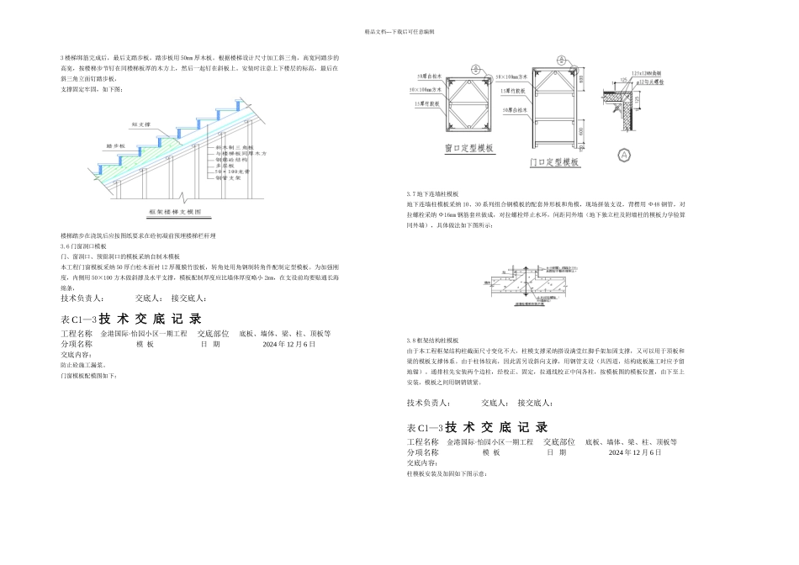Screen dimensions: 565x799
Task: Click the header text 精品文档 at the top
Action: click(399, 31)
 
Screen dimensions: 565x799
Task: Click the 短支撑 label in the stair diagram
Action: click(140, 124)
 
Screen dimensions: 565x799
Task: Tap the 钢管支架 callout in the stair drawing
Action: click(228, 178)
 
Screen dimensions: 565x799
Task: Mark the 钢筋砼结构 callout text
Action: click(232, 160)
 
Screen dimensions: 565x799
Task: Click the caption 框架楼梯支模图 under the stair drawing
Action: click(176, 213)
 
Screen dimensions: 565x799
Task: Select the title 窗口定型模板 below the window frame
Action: click(469, 149)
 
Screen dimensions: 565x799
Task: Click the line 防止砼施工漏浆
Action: click(82, 365)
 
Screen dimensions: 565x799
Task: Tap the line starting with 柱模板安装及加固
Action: click(447, 473)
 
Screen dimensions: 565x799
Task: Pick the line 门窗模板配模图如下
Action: click(89, 376)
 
